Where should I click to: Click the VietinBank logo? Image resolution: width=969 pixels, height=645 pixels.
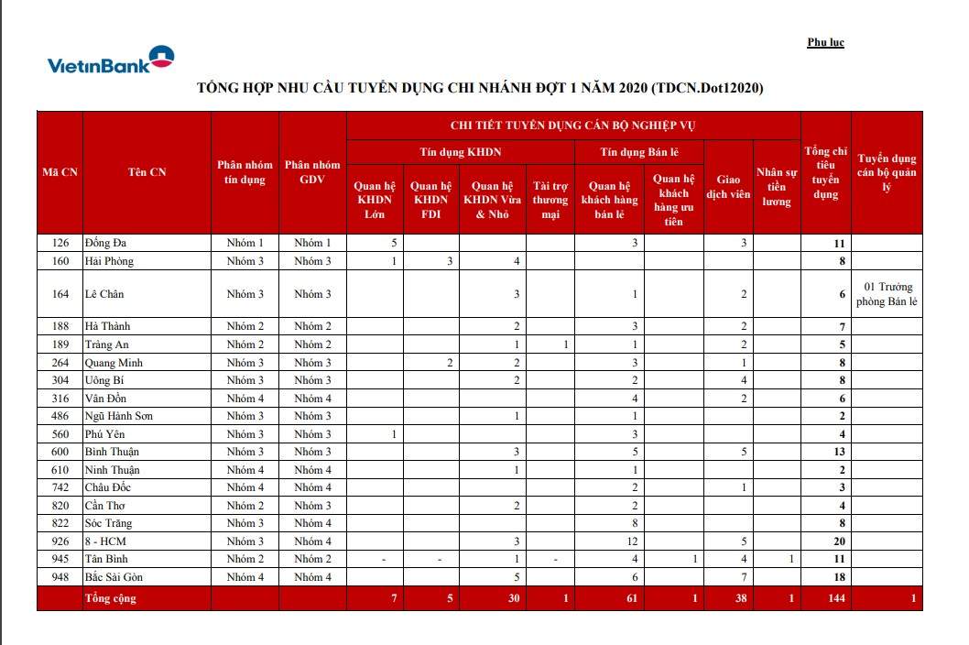pos(111,60)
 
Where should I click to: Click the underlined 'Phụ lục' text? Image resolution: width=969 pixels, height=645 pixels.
pos(825,42)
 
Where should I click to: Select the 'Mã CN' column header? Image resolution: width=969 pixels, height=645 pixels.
pos(60,172)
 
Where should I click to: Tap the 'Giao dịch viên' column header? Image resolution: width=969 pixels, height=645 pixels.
pos(733,187)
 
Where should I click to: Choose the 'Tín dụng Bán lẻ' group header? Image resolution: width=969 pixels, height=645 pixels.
pos(639,152)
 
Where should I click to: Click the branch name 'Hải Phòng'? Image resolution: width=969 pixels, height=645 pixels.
pos(109,261)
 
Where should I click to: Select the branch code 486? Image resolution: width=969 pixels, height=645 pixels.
pos(60,416)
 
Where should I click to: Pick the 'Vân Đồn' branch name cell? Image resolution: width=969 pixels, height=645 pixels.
pos(106,399)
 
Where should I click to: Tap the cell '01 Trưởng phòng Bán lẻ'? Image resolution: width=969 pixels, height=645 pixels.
pos(887,294)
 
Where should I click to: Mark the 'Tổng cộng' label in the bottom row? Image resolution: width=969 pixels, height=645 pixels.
pos(110,598)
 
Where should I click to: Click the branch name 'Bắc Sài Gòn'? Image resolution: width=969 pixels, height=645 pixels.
pos(114,577)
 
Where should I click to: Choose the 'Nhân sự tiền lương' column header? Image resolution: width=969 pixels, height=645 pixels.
pos(777,187)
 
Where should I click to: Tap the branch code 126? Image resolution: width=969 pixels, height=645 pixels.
pos(60,243)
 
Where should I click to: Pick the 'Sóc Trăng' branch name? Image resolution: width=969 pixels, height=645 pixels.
pos(108,523)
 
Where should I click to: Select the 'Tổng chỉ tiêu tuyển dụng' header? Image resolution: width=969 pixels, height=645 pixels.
pos(826,172)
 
